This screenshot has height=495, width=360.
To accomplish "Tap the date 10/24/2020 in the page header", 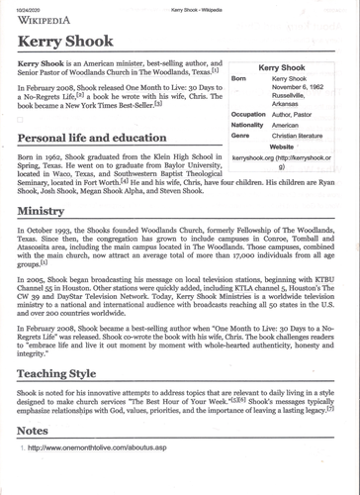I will click(30, 8).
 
